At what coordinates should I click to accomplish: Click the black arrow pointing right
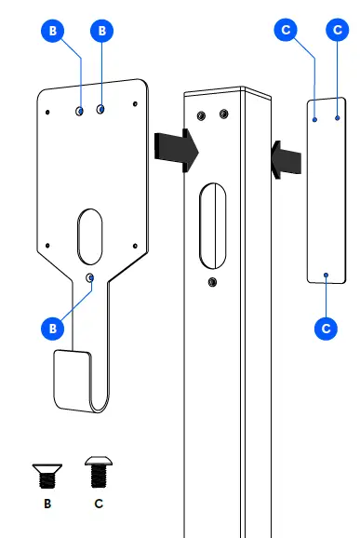click(176, 147)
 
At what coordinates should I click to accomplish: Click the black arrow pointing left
click(287, 156)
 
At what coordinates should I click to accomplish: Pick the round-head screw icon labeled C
click(99, 473)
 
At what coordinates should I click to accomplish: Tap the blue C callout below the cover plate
click(326, 328)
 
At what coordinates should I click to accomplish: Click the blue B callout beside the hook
click(54, 328)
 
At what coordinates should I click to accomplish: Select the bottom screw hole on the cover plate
click(326, 275)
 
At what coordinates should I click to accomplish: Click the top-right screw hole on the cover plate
click(336, 119)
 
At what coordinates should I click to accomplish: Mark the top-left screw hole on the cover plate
click(315, 119)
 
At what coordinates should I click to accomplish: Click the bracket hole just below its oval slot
click(90, 277)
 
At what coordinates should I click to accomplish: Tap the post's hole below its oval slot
click(213, 281)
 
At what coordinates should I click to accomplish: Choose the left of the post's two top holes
click(201, 115)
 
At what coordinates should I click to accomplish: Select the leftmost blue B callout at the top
click(54, 31)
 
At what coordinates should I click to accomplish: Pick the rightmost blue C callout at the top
click(336, 31)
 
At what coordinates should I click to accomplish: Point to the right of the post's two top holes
click(222, 114)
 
